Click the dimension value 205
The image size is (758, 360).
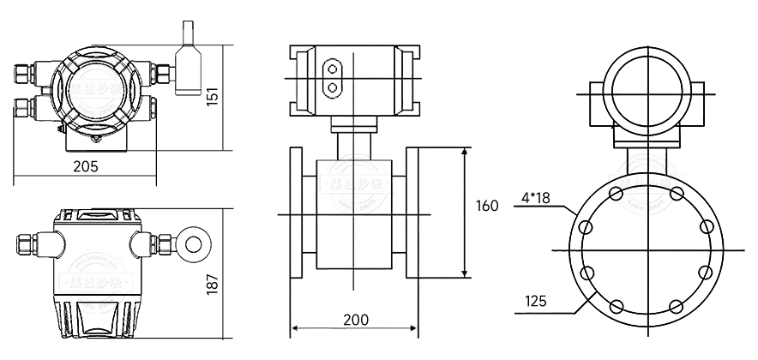tap(86, 166)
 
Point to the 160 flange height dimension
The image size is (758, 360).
tap(486, 206)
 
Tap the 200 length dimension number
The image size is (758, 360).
tap(355, 320)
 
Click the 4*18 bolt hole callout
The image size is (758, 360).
tap(535, 200)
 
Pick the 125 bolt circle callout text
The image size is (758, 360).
tap(535, 301)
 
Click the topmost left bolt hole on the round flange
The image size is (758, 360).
tap(615, 194)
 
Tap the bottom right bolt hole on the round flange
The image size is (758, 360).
tap(676, 305)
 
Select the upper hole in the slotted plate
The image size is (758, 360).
tap(332, 67)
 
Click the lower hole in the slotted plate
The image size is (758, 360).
tap(332, 86)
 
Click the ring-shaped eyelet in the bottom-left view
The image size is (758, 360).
tap(192, 242)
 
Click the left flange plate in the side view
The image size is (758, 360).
tap(297, 212)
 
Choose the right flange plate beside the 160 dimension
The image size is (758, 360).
tap(412, 212)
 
